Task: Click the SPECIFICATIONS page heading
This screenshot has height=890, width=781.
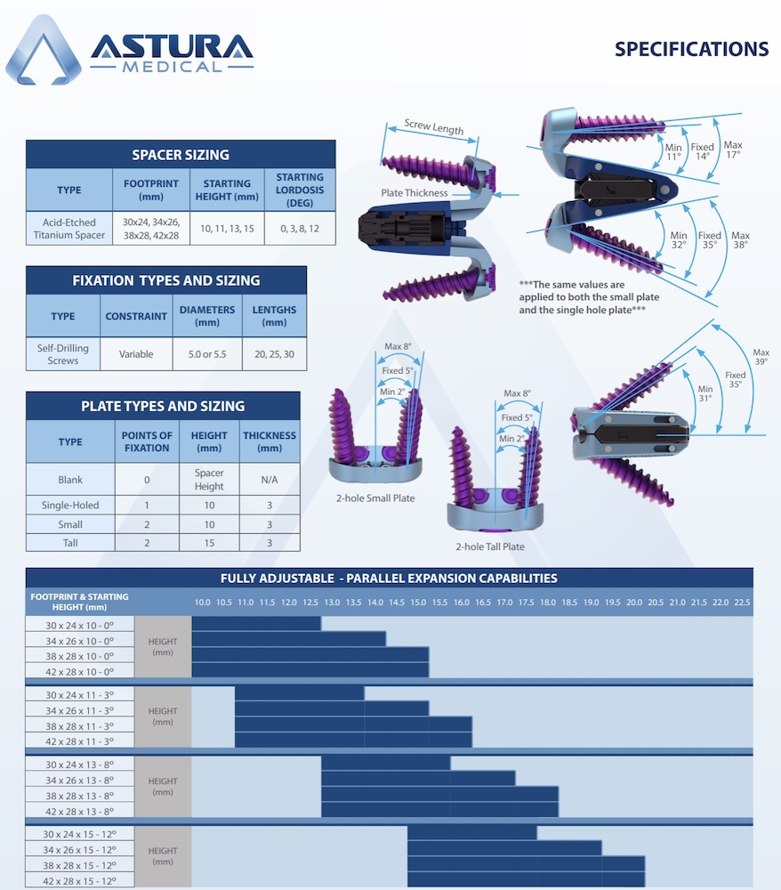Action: click(x=691, y=50)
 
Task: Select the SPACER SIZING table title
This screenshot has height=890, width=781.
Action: click(x=181, y=155)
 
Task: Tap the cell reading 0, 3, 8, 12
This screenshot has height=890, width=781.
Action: click(x=300, y=229)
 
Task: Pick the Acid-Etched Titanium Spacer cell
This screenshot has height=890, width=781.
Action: click(x=68, y=229)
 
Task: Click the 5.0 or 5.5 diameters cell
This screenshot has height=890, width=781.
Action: click(x=208, y=354)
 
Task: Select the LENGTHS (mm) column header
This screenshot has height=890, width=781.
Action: click(x=274, y=317)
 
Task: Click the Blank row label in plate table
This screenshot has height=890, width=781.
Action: click(x=70, y=480)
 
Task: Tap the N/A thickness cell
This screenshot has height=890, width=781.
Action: click(x=269, y=480)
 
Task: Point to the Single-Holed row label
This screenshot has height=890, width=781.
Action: click(x=70, y=506)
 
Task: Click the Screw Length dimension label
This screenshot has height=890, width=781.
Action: click(x=433, y=127)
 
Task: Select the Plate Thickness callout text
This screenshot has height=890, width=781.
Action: click(x=415, y=193)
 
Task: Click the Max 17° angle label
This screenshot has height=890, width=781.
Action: click(x=732, y=150)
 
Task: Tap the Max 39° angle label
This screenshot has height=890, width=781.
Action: click(x=761, y=357)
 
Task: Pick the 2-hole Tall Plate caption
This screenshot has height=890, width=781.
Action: click(x=489, y=546)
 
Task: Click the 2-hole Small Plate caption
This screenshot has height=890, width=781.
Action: click(x=375, y=498)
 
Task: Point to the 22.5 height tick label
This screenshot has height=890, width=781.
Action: click(x=741, y=603)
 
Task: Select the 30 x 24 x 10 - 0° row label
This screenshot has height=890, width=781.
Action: click(x=80, y=625)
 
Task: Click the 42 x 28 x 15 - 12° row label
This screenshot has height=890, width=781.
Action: click(x=80, y=881)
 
